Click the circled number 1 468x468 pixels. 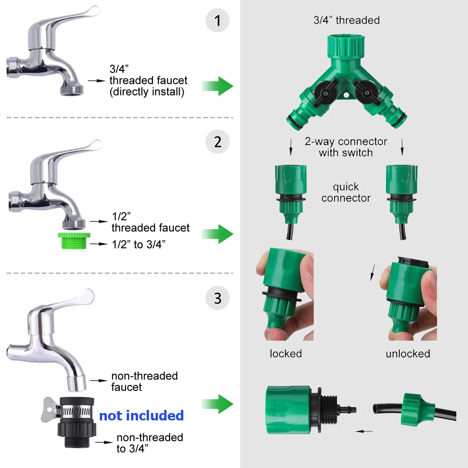(x=218, y=21)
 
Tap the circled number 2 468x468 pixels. (x=218, y=142)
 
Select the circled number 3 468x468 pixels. (x=218, y=298)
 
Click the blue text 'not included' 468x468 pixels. (x=141, y=416)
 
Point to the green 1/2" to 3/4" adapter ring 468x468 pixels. (x=74, y=240)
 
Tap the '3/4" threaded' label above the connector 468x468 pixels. (x=346, y=20)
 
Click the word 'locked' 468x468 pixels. (x=286, y=354)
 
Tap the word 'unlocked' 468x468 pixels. (x=408, y=354)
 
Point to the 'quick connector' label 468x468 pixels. (x=346, y=192)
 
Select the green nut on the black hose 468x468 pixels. (x=417, y=409)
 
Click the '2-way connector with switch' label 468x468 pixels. (x=346, y=147)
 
